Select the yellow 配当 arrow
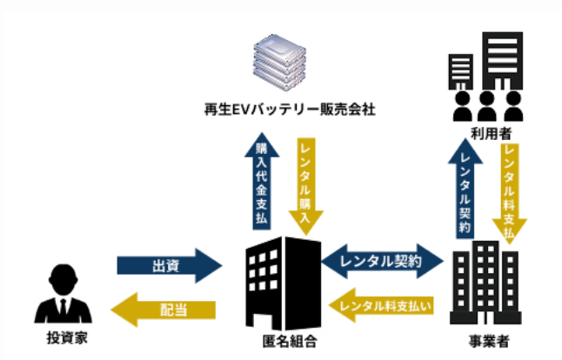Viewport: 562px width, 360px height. [164, 309]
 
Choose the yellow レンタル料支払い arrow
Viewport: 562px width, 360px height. [383, 305]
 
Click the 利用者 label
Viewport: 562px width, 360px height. [490, 132]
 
